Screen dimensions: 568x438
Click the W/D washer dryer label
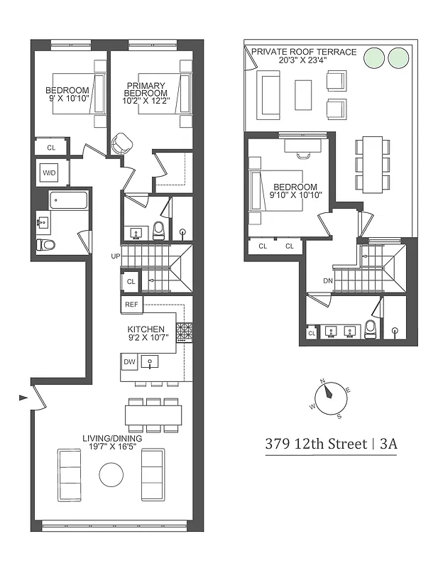[x=50, y=173]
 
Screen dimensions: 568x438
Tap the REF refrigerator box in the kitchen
[x=131, y=305]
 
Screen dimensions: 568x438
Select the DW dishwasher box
[x=129, y=361]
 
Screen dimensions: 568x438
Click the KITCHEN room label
[x=146, y=329]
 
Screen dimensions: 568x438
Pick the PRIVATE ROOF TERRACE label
[x=303, y=53]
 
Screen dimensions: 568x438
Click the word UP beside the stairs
[x=115, y=256]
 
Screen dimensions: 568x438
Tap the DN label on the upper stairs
[x=327, y=280]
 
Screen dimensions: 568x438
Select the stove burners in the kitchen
[x=184, y=330]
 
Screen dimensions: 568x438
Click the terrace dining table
[x=372, y=164]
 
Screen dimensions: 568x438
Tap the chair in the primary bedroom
[x=124, y=143]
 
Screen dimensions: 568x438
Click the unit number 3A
[x=388, y=445]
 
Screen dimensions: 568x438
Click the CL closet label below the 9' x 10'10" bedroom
[x=51, y=148]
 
